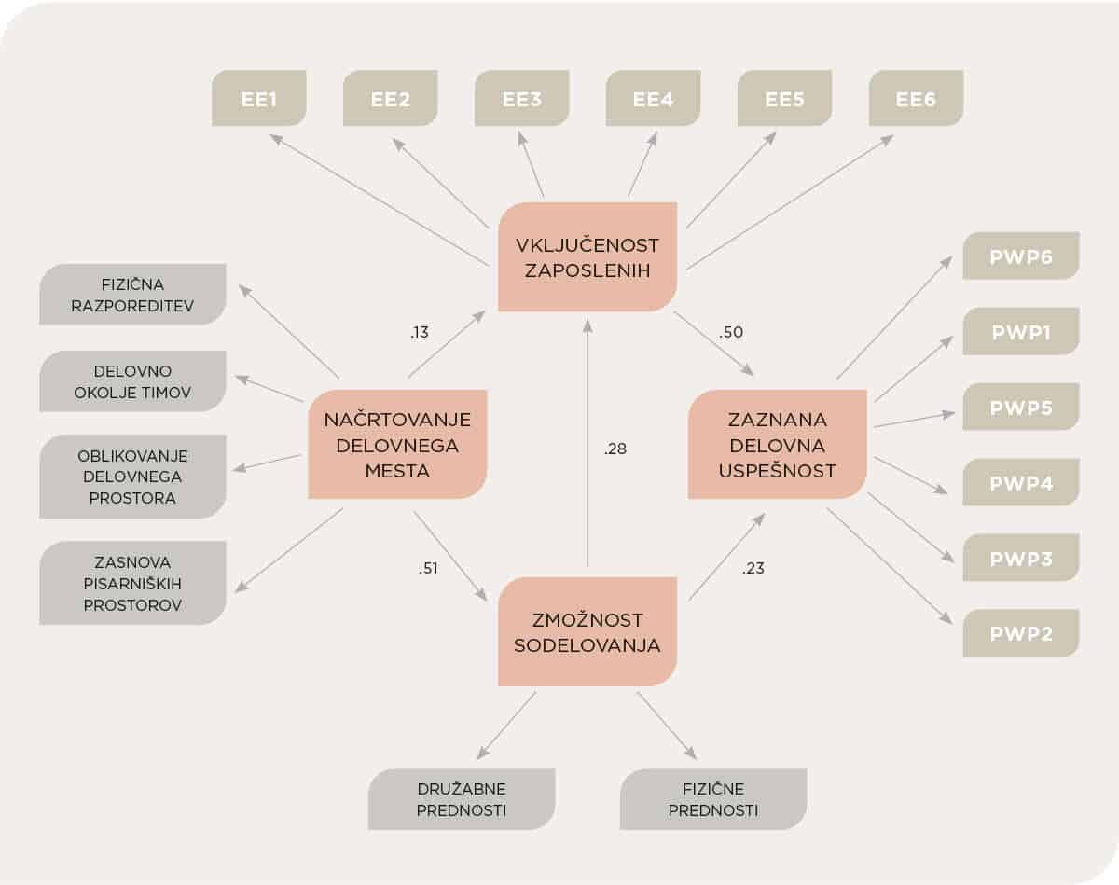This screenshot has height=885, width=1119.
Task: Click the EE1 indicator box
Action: point(259,98)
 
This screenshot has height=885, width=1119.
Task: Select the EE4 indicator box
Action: point(653,98)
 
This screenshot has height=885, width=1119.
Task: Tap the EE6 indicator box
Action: point(916,98)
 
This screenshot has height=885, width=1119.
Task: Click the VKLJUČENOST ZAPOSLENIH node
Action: point(587,257)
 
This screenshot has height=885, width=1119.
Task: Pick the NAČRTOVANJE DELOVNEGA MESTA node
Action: point(397,445)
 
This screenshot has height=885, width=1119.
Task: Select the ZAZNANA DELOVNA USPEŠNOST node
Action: point(778,445)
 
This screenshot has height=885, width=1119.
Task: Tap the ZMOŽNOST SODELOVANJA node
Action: point(587,631)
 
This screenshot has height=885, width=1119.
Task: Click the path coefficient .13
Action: point(420,331)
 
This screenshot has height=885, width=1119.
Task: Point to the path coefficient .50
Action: point(732,332)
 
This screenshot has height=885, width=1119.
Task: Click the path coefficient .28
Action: point(615,449)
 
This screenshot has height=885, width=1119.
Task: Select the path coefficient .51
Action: point(428,568)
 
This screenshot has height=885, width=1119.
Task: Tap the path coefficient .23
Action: point(753,568)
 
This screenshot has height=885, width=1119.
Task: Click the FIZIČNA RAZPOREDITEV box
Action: point(132,295)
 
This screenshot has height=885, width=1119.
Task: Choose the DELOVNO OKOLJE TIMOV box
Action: point(132,381)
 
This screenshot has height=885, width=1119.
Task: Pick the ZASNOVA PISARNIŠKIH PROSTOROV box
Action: point(132,583)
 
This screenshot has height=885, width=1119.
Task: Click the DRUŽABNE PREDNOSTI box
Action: point(462,799)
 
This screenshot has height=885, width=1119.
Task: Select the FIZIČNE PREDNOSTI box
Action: point(713,799)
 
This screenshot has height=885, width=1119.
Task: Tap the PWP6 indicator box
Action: point(1020,256)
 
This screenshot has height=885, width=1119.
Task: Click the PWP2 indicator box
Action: point(1020,633)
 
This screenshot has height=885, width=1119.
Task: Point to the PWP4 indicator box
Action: point(1020,483)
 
